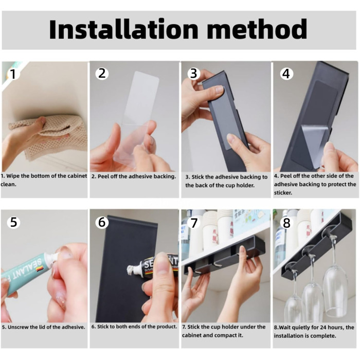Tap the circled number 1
(x=13, y=74)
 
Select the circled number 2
(x=102, y=73)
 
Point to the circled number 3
(x=194, y=74)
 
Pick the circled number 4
(x=286, y=74)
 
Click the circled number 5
(x=13, y=222)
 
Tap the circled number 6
(x=102, y=222)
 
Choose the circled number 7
(x=194, y=223)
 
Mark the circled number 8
(x=286, y=223)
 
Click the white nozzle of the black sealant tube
(x=135, y=269)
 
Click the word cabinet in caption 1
(x=77, y=176)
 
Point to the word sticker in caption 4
(x=283, y=193)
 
